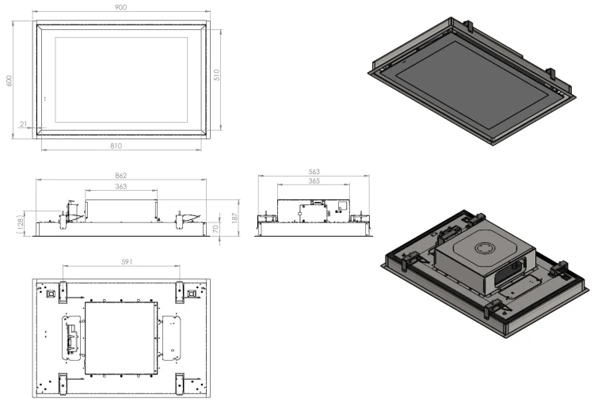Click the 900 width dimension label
(x=120, y=7)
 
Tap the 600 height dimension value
(x=9, y=80)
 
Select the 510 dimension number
(x=217, y=75)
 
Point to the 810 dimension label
(x=116, y=146)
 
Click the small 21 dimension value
(x=24, y=123)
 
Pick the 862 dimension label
(x=121, y=175)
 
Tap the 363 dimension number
(x=121, y=186)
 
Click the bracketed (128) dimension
(x=21, y=224)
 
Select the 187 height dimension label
(x=234, y=218)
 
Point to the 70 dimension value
(x=215, y=229)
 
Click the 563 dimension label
(x=314, y=172)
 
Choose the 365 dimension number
(x=314, y=181)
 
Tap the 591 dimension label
(x=127, y=262)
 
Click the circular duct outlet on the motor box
(x=485, y=249)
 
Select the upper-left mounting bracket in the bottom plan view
(x=63, y=292)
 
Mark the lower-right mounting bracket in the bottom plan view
(x=180, y=384)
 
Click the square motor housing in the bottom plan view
(x=121, y=338)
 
